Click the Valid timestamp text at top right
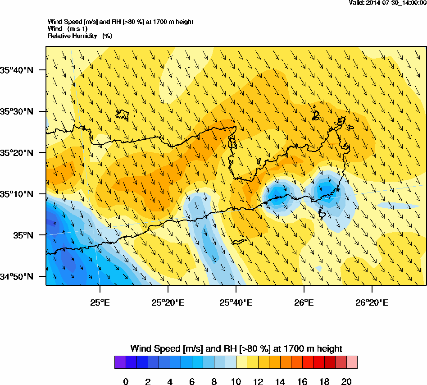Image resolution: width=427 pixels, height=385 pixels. [x=388, y=3]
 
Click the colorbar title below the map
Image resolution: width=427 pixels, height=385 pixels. [x=236, y=348]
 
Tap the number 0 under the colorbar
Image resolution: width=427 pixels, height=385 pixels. [x=126, y=382]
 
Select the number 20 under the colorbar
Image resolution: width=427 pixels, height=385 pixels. [x=346, y=382]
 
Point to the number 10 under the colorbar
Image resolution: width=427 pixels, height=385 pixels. [x=236, y=382]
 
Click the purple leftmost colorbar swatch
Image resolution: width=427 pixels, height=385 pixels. [x=120, y=362]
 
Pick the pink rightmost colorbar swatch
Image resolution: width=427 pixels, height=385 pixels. [x=352, y=362]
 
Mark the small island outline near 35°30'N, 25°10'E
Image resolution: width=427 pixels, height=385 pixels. [x=123, y=115]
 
